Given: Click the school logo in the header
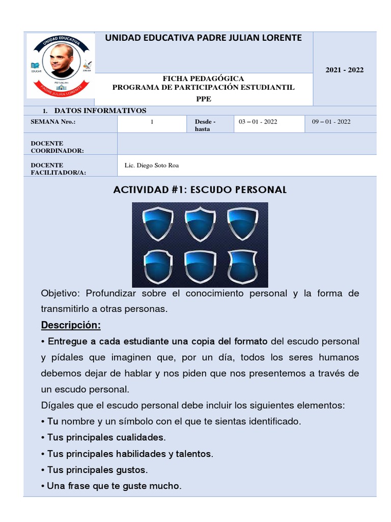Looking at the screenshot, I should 61,65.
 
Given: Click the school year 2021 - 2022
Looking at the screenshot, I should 344,70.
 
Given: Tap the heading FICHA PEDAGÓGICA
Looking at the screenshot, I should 203,79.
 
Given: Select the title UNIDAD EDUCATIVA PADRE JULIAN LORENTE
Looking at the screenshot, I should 203,38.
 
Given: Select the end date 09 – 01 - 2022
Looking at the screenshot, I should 331,122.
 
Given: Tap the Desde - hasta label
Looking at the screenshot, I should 205,125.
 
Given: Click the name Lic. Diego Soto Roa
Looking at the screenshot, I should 152,166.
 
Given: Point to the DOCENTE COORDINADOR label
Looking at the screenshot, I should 57,147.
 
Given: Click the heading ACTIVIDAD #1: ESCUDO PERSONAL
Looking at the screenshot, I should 200,190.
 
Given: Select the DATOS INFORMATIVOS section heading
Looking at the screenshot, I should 100,111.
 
